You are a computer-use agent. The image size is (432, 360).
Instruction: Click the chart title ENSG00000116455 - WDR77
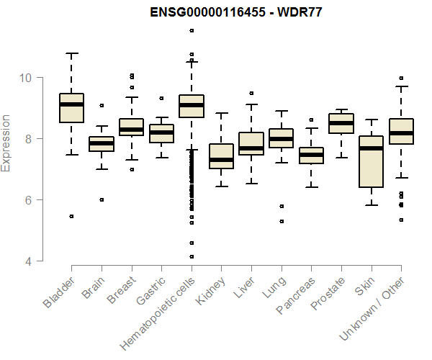point(236,12)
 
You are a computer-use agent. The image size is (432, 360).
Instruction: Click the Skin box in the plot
point(371,161)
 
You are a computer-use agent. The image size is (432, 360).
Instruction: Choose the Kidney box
point(221,156)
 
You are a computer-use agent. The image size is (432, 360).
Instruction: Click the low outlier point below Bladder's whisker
point(71,216)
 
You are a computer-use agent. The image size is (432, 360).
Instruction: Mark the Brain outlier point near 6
point(102,199)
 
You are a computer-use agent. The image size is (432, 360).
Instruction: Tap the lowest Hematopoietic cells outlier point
point(192,256)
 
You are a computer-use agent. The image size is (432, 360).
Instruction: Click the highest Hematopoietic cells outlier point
point(192,30)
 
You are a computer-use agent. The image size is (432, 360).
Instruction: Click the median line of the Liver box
point(251,148)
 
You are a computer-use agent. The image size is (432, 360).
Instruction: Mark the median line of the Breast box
point(131,129)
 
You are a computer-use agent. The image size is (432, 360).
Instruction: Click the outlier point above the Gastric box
point(161,98)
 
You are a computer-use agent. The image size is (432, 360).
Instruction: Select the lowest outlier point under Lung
point(281,221)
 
